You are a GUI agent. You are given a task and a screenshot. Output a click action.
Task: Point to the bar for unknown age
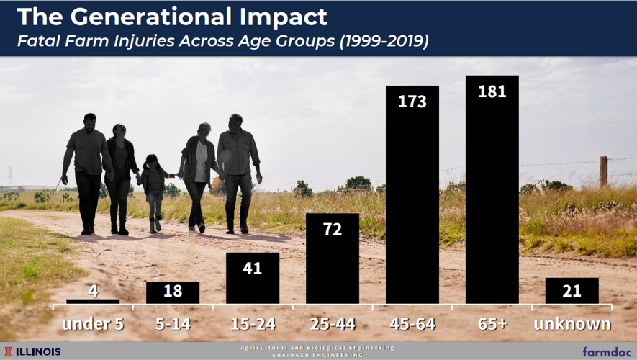572,291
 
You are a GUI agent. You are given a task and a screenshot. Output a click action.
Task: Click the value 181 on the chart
492,91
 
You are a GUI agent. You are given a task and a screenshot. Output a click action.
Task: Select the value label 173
412,102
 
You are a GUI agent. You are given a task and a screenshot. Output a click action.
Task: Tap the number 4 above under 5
93,292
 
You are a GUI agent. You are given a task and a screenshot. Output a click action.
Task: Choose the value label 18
173,292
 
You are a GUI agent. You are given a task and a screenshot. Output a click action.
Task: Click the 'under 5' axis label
93,324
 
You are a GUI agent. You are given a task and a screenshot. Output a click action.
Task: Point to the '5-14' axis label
173,324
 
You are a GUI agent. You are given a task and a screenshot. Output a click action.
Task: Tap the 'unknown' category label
572,324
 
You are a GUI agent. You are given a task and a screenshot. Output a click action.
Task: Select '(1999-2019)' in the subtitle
384,41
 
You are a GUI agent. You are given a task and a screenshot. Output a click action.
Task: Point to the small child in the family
153,191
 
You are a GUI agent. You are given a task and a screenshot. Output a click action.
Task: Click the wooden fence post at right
603,171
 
